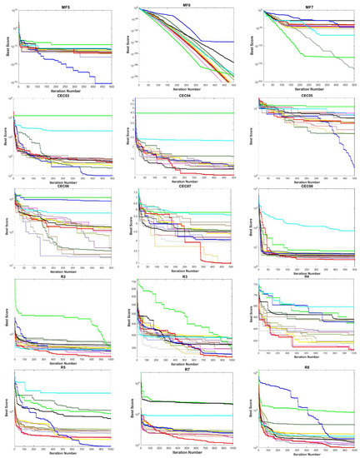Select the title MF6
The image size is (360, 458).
181,4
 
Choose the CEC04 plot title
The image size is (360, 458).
181,96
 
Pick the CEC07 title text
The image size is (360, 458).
181,187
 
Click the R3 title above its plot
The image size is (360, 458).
181,279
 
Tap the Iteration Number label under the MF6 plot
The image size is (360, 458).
181,89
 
